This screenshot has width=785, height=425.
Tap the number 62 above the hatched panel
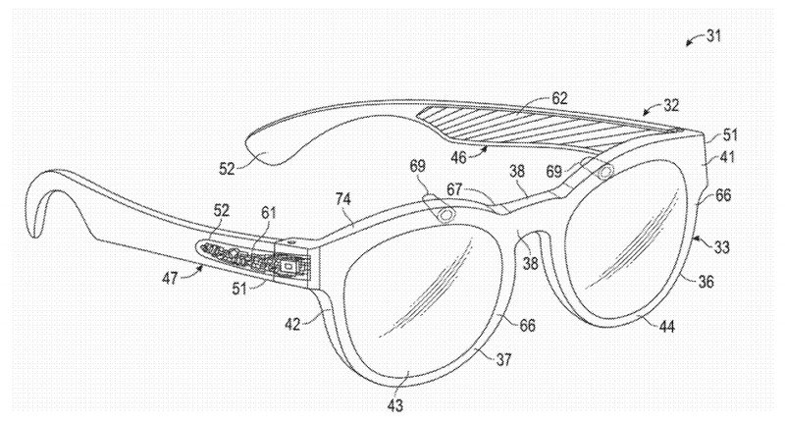coord(558,98)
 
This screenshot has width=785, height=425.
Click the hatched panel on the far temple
coord(549,128)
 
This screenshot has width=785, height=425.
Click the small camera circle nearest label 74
coord(447,213)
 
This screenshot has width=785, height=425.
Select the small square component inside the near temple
coord(288,265)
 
